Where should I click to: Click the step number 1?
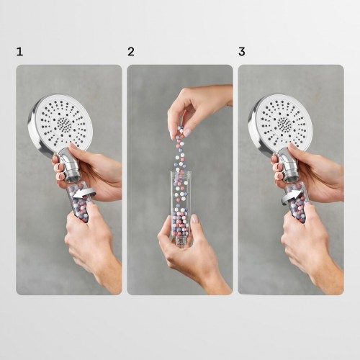pos(19,52)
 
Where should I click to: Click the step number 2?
pos(131,52)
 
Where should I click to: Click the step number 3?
pos(242,52)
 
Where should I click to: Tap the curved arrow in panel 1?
pos(84,193)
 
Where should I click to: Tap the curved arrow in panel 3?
pos(292,197)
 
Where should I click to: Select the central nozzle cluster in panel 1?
pos(64,125)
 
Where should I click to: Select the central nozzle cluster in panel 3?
pos(284,125)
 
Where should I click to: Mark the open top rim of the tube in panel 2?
pos(181,172)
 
